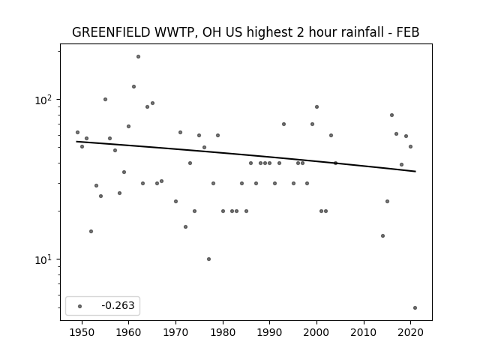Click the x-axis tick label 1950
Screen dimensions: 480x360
[x=82, y=332]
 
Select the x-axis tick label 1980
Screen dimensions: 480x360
[x=223, y=332]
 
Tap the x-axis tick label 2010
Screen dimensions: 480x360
[x=364, y=332]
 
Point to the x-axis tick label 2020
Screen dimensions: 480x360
[x=411, y=332]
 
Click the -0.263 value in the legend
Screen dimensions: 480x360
[x=118, y=305]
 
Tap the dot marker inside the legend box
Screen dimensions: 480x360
[x=80, y=306]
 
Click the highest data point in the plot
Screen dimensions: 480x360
[x=138, y=57]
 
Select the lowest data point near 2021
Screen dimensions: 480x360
[x=415, y=308]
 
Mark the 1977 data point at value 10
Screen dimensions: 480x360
[x=208, y=259]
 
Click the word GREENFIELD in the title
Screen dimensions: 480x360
[x=111, y=32]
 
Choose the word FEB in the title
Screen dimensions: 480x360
[x=408, y=32]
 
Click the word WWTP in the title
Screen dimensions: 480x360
[x=174, y=32]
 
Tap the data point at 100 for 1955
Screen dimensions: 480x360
[x=105, y=99]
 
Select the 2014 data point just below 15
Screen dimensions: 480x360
[x=382, y=235]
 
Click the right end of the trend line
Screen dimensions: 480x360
[x=415, y=172]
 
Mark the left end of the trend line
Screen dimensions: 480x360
[x=76, y=142]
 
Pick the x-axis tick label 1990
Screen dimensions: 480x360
[x=270, y=332]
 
